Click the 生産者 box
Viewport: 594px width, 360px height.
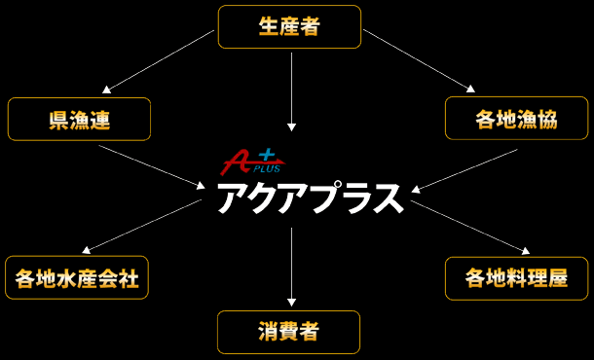tap(289, 26)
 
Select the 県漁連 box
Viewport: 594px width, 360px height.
tap(79, 119)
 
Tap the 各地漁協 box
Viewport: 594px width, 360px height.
tap(516, 119)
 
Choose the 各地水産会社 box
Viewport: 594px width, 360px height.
tap(77, 278)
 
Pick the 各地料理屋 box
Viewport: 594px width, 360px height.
tap(516, 278)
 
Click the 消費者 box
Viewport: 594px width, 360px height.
tap(288, 332)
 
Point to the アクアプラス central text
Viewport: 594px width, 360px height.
tap(309, 198)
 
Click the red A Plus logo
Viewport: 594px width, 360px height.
tap(238, 161)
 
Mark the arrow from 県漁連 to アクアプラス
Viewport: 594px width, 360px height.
tap(151, 166)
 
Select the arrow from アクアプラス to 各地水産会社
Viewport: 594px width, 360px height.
tap(141, 227)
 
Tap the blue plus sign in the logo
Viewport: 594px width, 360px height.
tap(267, 154)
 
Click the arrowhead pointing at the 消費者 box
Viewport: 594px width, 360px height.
tap(291, 302)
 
